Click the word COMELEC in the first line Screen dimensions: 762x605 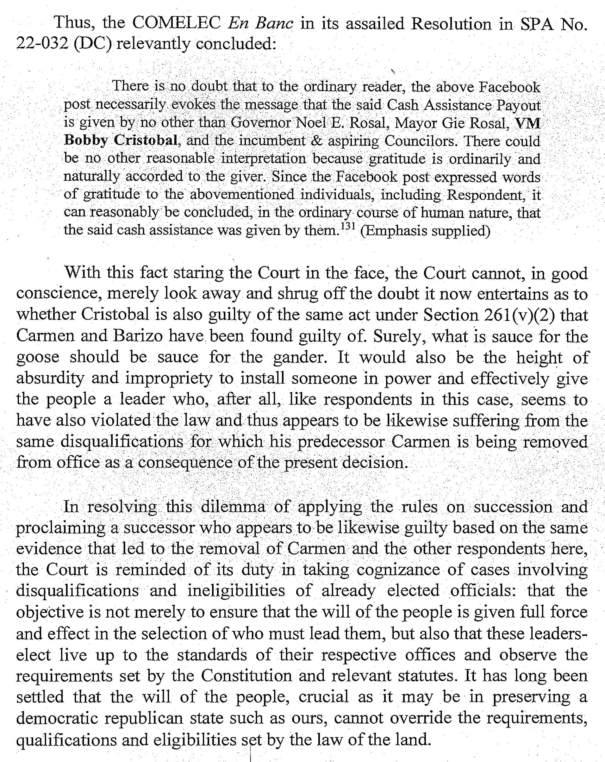coord(176,23)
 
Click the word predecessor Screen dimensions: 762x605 coord(341,442)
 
